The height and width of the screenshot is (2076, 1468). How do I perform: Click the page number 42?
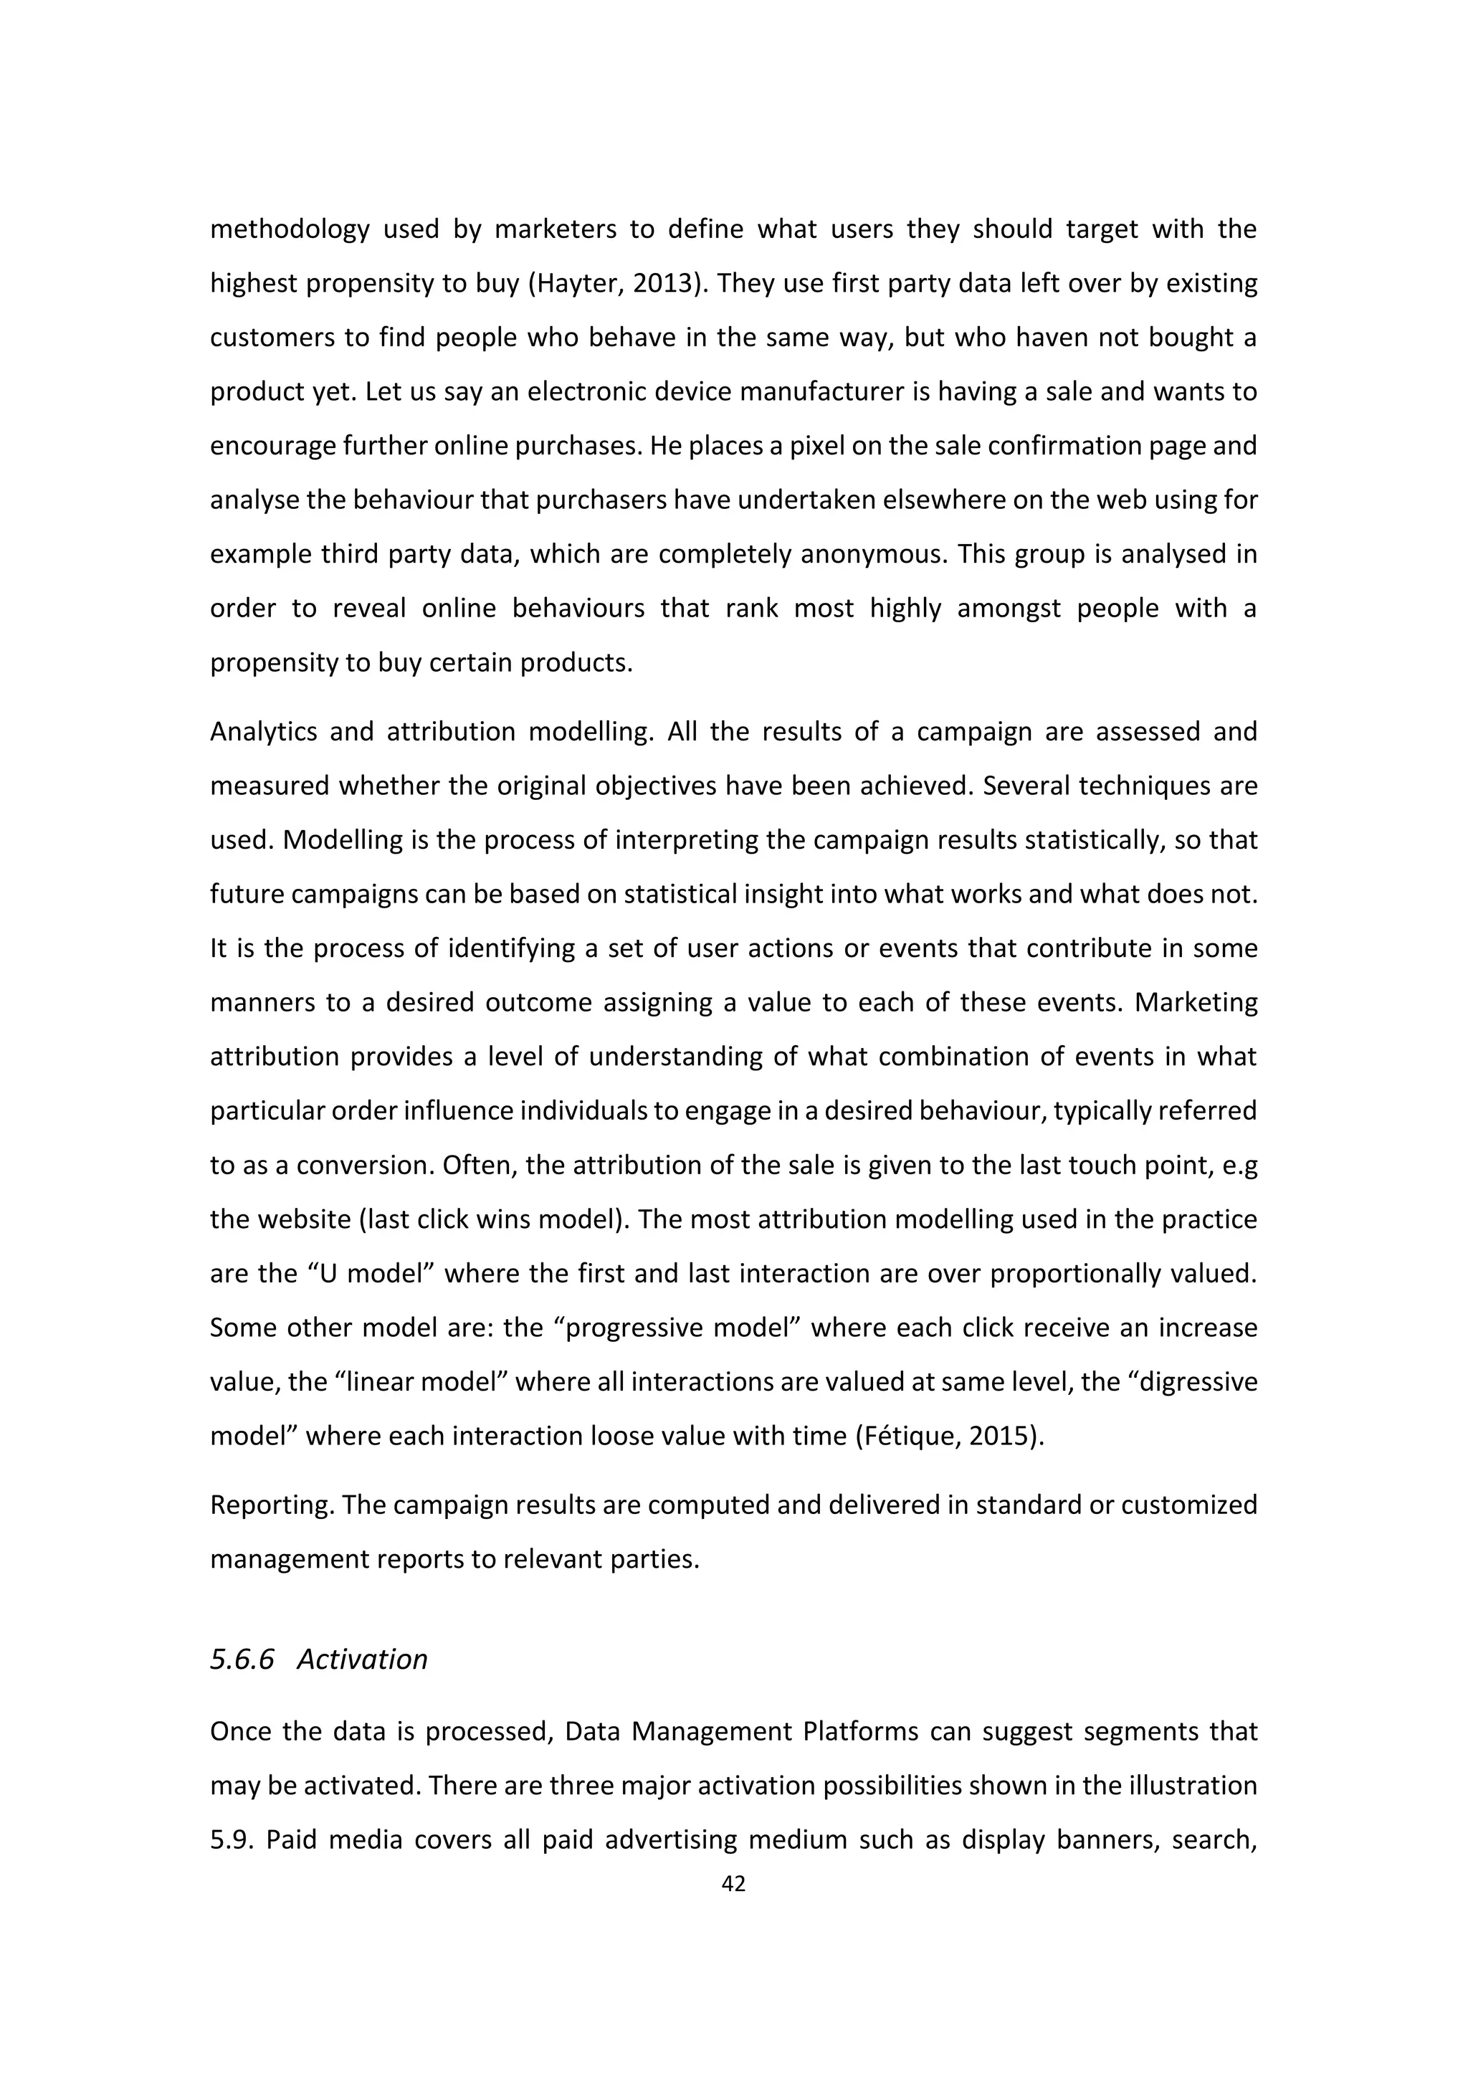pos(733,1883)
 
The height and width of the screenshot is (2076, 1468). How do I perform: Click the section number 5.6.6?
pos(242,1660)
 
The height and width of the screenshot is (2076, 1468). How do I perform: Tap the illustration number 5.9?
pos(231,1840)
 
